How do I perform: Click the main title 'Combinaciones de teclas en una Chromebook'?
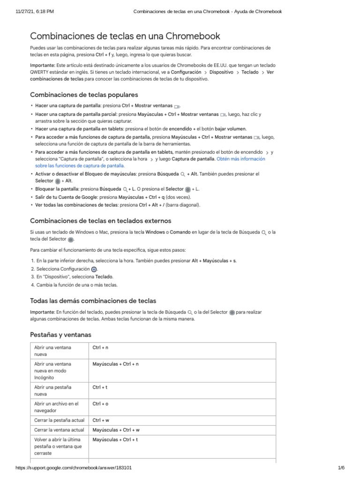(125, 36)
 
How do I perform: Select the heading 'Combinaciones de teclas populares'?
(84, 94)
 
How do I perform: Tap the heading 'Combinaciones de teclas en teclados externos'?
(101, 221)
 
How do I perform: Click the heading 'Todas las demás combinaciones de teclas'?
(93, 300)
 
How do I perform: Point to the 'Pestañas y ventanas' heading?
(61, 335)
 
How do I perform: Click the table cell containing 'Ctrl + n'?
(100, 348)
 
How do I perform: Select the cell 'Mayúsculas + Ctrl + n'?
(116, 364)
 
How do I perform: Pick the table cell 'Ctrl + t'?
(100, 387)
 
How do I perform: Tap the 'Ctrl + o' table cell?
(100, 403)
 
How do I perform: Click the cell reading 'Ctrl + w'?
(101, 420)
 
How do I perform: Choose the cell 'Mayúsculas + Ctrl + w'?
(116, 429)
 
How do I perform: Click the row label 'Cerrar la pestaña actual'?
(59, 420)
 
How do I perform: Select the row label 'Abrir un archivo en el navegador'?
(56, 407)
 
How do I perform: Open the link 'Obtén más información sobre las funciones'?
(240, 159)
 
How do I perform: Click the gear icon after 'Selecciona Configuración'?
(94, 269)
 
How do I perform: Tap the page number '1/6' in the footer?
(341, 468)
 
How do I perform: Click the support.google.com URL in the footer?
(74, 468)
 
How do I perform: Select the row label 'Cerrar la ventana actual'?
(59, 429)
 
